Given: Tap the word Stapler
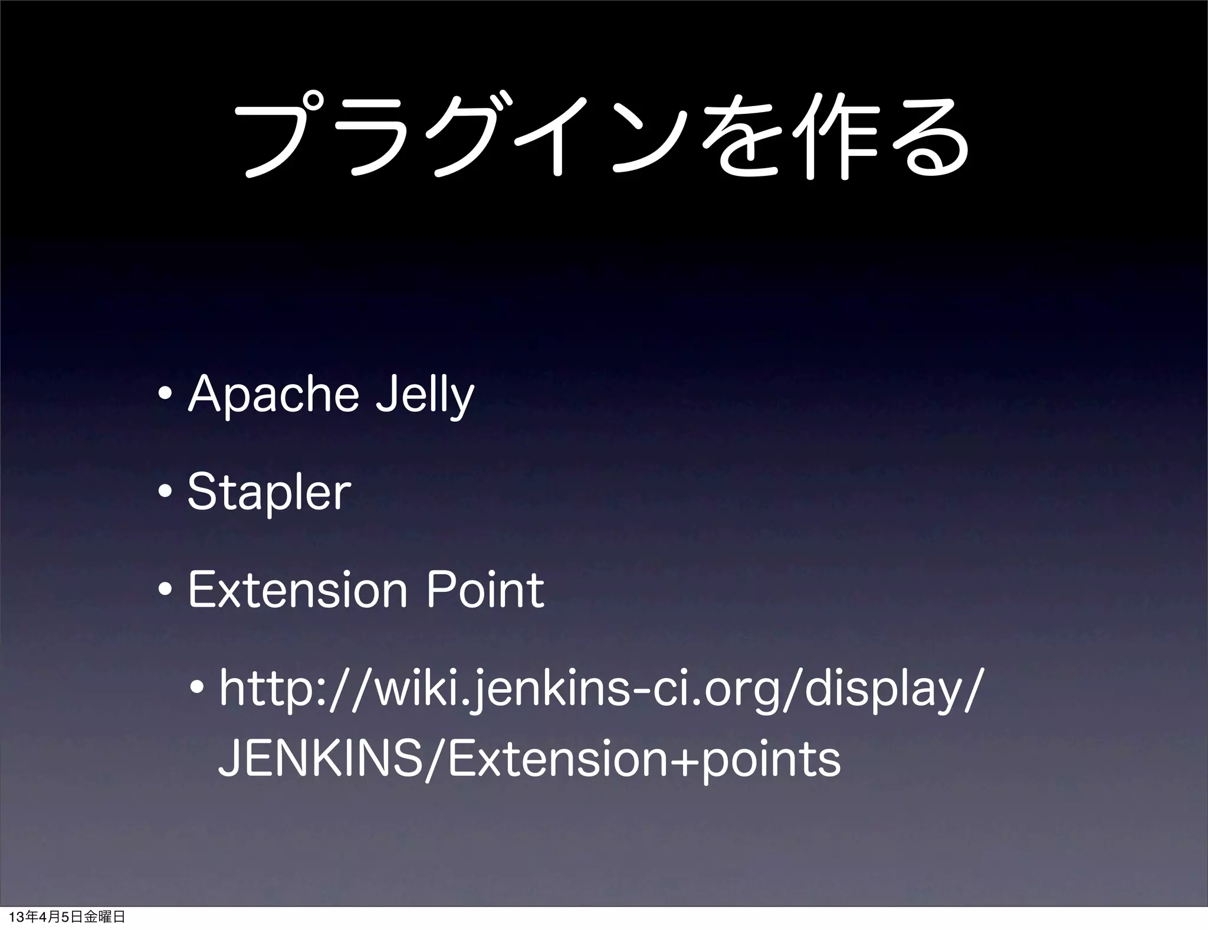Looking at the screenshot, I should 269,493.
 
